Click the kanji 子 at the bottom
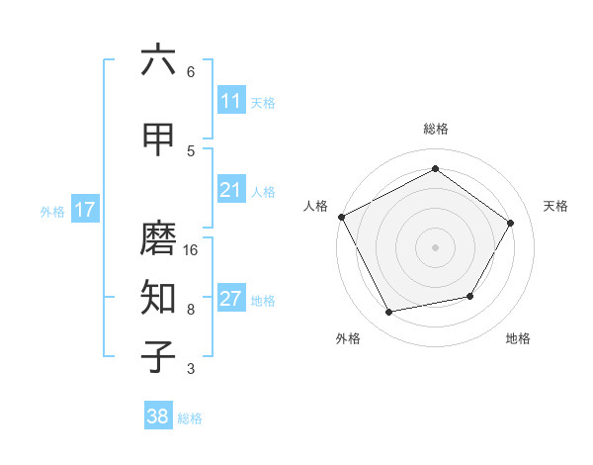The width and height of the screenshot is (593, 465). click(x=158, y=356)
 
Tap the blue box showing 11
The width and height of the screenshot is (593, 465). click(x=230, y=101)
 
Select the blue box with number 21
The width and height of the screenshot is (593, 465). click(x=230, y=190)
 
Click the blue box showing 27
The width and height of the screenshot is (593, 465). click(x=230, y=299)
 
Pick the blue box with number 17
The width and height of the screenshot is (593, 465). click(x=84, y=210)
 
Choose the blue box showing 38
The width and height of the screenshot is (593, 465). click(x=158, y=417)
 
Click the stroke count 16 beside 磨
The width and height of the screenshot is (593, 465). click(x=191, y=249)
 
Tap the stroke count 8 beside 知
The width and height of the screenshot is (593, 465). click(x=191, y=310)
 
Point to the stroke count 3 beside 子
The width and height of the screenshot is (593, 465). click(x=191, y=369)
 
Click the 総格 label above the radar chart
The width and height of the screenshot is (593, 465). click(x=436, y=129)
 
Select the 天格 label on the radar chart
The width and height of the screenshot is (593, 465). click(x=555, y=206)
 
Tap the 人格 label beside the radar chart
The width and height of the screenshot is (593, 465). click(x=315, y=206)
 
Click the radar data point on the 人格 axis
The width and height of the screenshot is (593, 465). click(x=342, y=217)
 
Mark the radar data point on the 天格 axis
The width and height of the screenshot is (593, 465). click(x=511, y=223)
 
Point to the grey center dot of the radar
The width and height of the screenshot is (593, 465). click(x=436, y=246)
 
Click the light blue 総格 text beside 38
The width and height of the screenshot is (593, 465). click(x=191, y=418)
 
